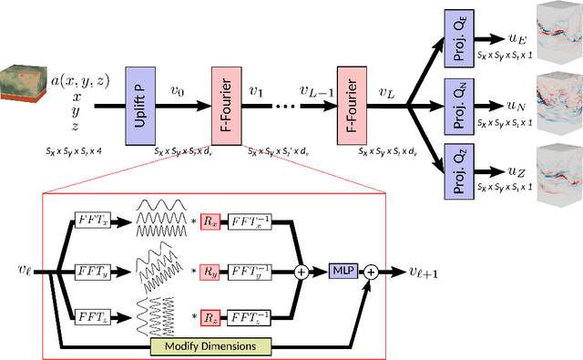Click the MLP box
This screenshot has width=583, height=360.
click(x=344, y=270)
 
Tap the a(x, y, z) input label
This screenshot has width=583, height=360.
click(x=78, y=80)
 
